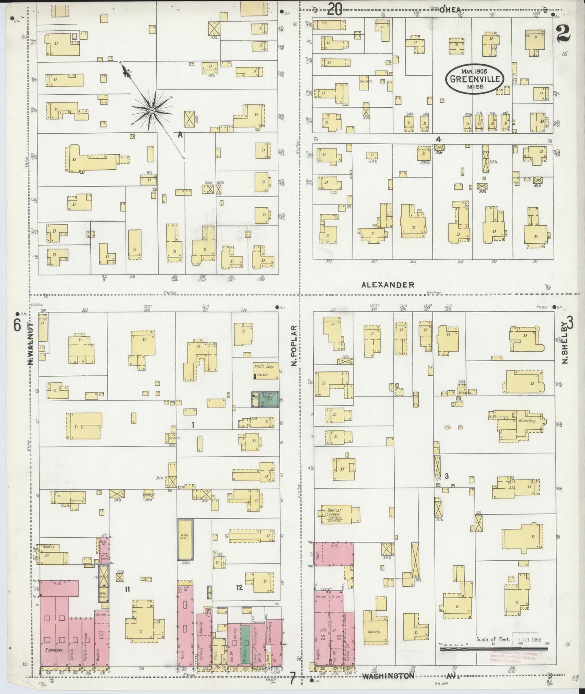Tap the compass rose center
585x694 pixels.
pyautogui.click(x=152, y=110)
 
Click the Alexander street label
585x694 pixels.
pyautogui.click(x=388, y=285)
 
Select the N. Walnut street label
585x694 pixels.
pyautogui.click(x=30, y=344)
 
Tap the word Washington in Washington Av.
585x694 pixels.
pyautogui.click(x=388, y=676)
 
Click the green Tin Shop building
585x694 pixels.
pyautogui.click(x=245, y=644)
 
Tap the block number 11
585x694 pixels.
pyautogui.click(x=128, y=589)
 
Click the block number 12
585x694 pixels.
pyautogui.click(x=240, y=587)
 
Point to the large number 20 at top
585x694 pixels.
pyautogui.click(x=335, y=9)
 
